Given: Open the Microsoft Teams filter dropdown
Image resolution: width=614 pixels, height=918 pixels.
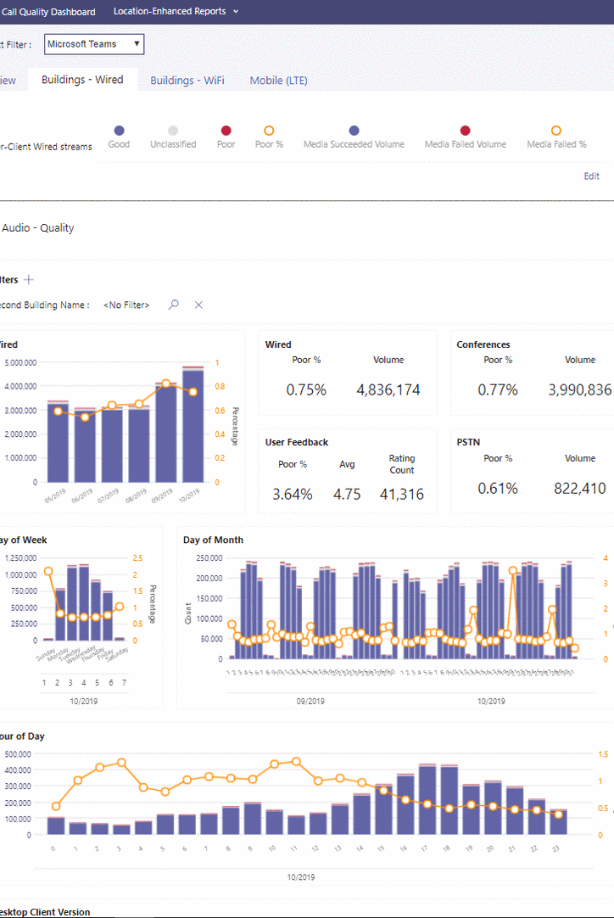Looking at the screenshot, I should tap(94, 44).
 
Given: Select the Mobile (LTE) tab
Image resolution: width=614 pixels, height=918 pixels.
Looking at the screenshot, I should tap(278, 81).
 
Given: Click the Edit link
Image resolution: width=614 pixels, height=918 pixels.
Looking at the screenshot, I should tap(591, 176).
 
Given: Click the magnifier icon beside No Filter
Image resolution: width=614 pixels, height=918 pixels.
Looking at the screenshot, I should tap(174, 305).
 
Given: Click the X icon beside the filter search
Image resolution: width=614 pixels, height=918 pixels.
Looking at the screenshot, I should tap(198, 305).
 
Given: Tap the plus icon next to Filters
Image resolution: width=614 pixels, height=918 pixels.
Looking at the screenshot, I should tap(29, 279).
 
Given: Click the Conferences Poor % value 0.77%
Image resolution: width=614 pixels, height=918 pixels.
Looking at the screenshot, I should tap(498, 390).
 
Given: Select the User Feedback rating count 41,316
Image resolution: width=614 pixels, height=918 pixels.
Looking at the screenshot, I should tap(401, 494).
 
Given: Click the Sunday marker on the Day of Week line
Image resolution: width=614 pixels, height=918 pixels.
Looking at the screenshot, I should tap(48, 572).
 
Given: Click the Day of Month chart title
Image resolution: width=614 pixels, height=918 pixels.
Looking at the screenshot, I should tap(213, 540).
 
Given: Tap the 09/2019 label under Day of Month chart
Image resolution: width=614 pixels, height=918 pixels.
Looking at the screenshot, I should tap(310, 702).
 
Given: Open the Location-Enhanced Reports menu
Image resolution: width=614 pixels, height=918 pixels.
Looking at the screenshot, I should tap(176, 12).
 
